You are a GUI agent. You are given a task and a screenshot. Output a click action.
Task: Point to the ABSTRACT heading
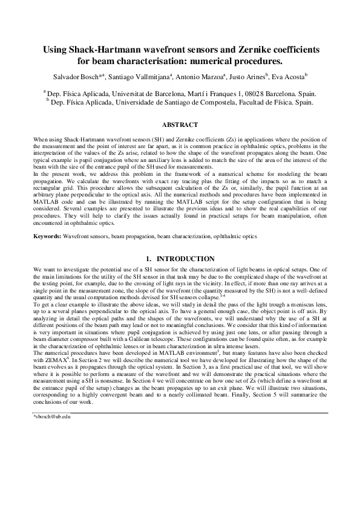180,125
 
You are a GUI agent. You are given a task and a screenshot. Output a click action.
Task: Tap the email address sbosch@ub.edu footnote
52,400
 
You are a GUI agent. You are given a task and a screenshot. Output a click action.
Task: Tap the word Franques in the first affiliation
218,94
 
